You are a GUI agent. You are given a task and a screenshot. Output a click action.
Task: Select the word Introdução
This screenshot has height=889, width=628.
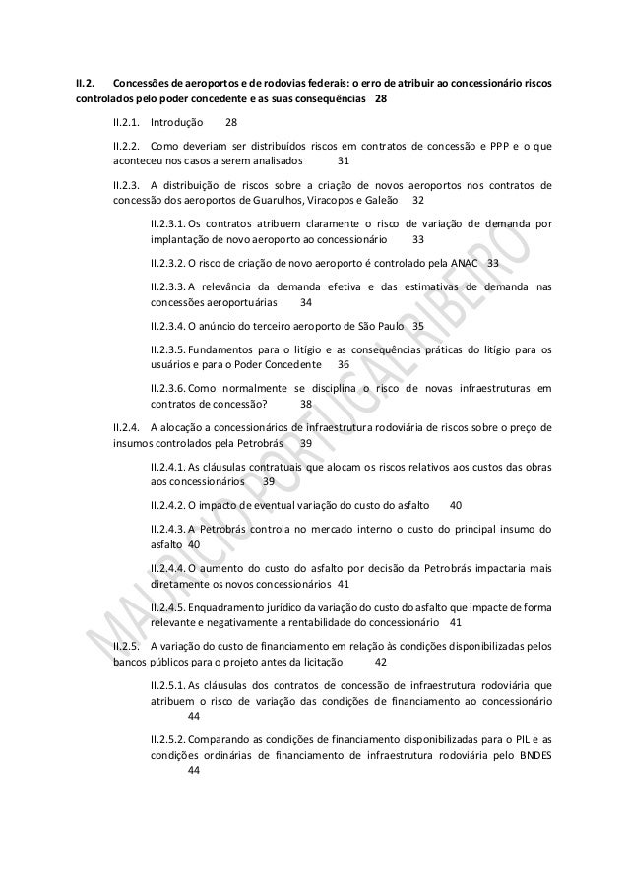point(177,124)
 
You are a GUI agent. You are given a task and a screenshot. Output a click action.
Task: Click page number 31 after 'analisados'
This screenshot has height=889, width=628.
point(344,162)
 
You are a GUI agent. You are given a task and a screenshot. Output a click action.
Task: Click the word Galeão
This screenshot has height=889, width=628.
point(385,201)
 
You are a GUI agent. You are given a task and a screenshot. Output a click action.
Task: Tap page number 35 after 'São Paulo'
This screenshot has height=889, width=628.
point(418,325)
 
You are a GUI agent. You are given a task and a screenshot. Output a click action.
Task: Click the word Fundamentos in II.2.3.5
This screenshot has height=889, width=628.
point(222,348)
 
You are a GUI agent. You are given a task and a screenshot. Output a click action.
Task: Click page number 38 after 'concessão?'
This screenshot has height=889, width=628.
point(306,403)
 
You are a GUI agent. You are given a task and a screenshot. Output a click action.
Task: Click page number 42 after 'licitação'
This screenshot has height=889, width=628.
point(382,661)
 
